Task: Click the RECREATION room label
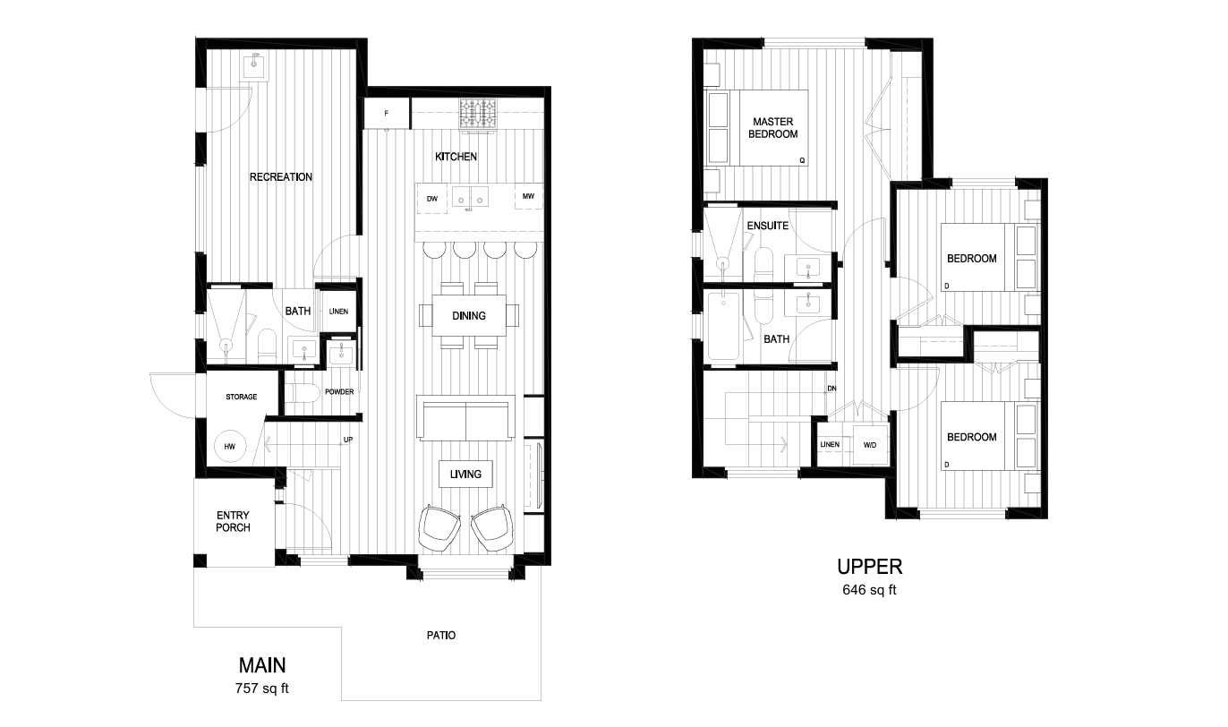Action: point(281,177)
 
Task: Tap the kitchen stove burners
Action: point(478,113)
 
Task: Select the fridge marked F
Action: point(387,114)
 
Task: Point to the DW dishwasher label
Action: point(432,199)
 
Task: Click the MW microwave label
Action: point(528,197)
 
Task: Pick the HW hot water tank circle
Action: point(230,445)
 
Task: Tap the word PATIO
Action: point(440,636)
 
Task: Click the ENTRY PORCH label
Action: point(234,521)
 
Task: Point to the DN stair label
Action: point(831,389)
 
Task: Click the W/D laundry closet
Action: point(870,445)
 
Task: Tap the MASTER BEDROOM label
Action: point(774,128)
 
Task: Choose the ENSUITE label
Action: point(768,226)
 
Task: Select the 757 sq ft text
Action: point(262,689)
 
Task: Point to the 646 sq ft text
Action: point(869,590)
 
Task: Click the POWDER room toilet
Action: point(303,395)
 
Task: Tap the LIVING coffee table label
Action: point(465,474)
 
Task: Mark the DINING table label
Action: point(469,315)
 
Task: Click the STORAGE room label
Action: point(242,397)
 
